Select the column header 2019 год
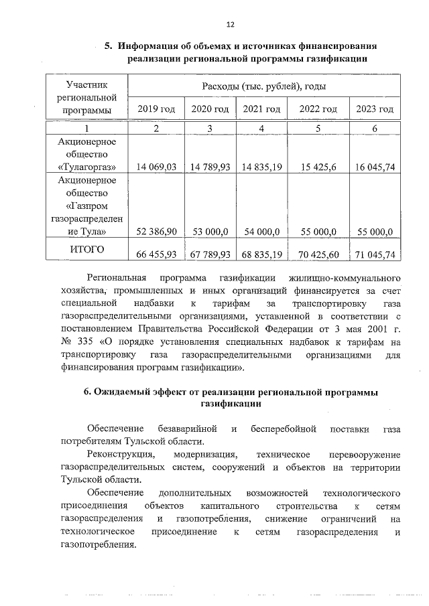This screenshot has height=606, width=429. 156,109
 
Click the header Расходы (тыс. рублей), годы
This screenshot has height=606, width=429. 264,87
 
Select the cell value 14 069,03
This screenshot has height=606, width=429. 156,167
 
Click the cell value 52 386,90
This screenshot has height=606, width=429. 156,232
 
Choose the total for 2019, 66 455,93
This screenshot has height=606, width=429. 156,254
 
